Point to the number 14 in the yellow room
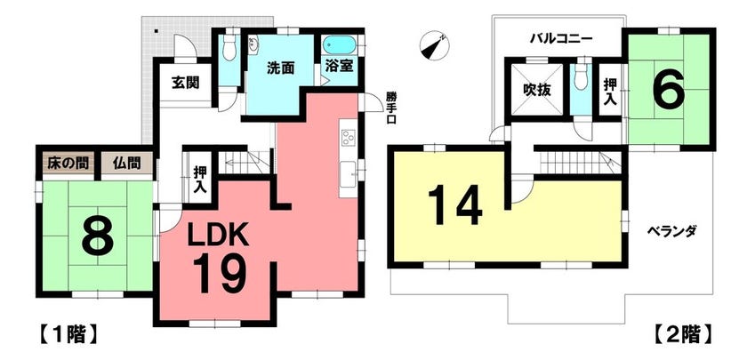click(456, 205)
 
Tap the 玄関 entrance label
click(185, 83)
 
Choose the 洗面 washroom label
click(279, 68)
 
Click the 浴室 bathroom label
click(339, 66)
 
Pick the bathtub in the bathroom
click(340, 46)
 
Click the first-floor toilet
click(229, 49)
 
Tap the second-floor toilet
click(581, 76)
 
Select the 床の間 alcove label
click(68, 164)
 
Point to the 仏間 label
click(126, 164)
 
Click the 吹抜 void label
click(537, 90)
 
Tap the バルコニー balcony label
click(562, 38)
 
